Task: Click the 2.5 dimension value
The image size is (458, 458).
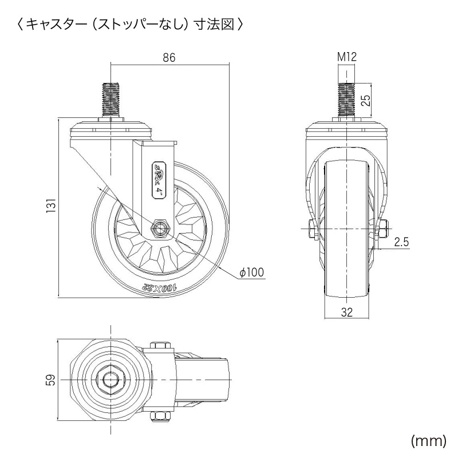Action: click(401, 242)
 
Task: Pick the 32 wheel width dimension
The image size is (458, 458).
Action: click(347, 312)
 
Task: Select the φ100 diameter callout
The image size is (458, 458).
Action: click(252, 273)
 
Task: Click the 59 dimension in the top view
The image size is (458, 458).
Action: click(50, 381)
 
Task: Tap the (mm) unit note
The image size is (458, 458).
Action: click(428, 440)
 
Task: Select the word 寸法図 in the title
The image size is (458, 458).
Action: click(218, 25)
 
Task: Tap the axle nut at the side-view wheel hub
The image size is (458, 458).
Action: click(160, 228)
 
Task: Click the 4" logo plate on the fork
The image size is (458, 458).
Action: click(157, 179)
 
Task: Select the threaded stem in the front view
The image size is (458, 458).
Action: click(347, 100)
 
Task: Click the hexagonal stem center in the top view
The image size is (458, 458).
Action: click(109, 380)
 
